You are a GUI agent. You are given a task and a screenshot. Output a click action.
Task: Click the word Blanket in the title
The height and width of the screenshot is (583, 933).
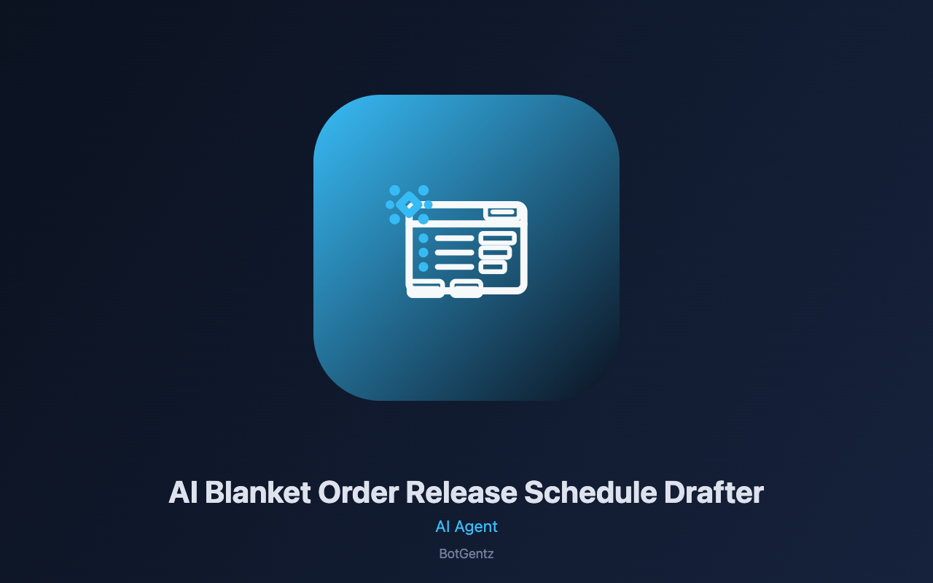coord(257,492)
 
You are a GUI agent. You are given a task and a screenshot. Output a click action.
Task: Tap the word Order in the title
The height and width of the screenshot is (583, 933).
coord(358,492)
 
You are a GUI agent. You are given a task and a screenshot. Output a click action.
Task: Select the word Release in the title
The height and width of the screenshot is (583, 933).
coord(461,492)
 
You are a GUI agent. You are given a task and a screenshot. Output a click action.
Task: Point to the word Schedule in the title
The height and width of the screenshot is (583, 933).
coord(590,492)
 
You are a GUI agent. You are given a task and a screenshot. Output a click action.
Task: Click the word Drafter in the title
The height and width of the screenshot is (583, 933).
coord(714,492)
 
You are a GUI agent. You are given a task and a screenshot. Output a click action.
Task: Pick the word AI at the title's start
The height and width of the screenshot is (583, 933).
coord(183,492)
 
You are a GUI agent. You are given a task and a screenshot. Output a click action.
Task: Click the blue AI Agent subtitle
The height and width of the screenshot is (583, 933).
coord(466,527)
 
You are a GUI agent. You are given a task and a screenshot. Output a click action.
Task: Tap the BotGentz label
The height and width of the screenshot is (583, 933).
coord(466,554)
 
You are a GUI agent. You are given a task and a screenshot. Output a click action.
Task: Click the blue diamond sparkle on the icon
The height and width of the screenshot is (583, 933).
coord(409,205)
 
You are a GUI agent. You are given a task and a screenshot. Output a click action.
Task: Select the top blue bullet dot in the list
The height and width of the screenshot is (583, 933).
coord(423,238)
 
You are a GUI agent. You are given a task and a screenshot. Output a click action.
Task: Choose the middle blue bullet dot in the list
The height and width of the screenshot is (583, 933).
coord(423,252)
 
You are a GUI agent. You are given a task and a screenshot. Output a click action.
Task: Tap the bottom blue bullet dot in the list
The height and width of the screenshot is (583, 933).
coord(423,267)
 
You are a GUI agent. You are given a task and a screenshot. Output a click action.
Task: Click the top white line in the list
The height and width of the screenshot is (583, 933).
coord(454,238)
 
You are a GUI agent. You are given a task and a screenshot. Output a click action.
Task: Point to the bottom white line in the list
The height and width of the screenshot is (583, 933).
coord(454,267)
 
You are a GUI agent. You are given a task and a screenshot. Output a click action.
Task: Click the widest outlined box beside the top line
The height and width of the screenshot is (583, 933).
coord(498,238)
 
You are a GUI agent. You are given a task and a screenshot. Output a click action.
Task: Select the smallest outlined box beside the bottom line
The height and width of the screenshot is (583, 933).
coord(493,267)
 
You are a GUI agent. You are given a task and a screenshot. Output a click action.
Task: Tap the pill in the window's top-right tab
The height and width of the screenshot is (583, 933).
coord(502,212)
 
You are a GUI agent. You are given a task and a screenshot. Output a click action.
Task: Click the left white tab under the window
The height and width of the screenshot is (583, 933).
coord(425,289)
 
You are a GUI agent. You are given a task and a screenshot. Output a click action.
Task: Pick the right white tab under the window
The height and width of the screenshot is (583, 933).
coord(466,289)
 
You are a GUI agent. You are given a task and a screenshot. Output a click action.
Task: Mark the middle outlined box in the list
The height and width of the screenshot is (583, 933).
coord(495,252)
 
